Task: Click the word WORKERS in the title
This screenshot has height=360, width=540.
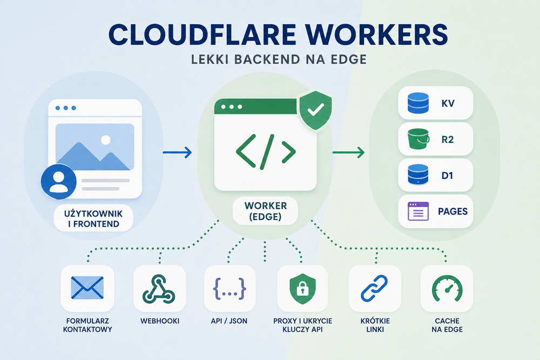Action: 376,35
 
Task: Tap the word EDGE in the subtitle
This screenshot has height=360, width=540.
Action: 348,59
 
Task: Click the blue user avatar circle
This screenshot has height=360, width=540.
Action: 58,181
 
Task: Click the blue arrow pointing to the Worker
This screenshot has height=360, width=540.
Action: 177,152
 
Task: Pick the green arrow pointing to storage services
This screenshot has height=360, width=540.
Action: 348,152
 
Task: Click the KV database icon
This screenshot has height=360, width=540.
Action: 418,103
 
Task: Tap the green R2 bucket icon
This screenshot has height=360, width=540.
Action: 418,139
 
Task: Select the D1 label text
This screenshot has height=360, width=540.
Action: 447,175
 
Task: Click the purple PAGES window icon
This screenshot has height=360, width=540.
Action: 418,211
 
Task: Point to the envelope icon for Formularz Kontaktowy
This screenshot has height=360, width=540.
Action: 87,288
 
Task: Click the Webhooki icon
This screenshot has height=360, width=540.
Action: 159,289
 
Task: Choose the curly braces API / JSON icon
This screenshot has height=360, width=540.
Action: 230,288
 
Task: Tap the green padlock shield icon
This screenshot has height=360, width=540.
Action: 302,289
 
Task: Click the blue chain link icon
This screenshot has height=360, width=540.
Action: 374,288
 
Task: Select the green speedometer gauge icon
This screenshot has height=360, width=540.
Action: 447,289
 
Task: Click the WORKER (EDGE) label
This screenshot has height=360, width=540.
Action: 266,211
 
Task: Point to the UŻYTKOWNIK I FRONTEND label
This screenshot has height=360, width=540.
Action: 93,219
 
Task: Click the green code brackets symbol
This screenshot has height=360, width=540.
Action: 266,152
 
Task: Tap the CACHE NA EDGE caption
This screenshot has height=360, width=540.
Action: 447,325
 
